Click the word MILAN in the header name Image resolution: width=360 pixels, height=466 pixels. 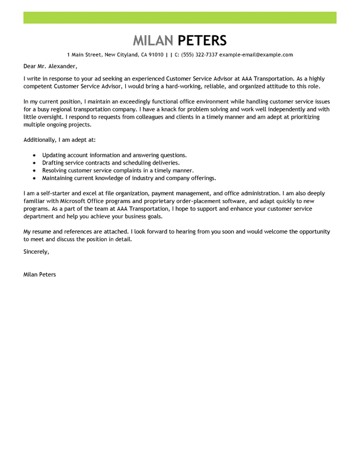click(152, 40)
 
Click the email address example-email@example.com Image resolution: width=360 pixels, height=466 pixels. click(256, 55)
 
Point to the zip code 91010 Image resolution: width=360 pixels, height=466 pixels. click(156, 55)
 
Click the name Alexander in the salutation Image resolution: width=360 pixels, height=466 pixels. click(62, 66)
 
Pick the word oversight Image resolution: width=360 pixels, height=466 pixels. click(52, 117)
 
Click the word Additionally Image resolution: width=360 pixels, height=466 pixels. click(42, 140)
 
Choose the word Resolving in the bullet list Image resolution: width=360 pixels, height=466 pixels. click(56, 170)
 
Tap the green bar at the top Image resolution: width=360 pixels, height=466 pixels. click(180, 17)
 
